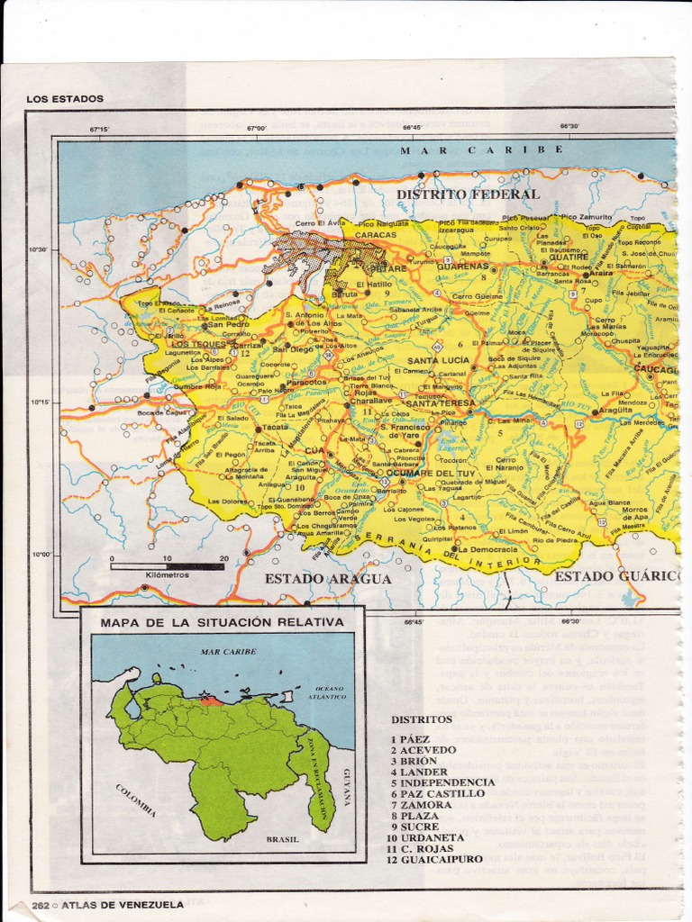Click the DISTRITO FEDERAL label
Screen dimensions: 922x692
click(469, 194)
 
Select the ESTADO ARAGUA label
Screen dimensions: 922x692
click(328, 579)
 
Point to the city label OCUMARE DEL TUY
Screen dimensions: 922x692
click(413, 473)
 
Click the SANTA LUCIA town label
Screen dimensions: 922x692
click(439, 360)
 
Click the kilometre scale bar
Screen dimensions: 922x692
click(168, 566)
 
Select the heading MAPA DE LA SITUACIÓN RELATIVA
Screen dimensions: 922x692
click(222, 622)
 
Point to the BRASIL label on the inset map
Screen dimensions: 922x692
click(281, 839)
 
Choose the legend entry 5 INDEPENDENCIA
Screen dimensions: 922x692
click(442, 782)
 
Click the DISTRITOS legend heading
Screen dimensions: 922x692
click(422, 719)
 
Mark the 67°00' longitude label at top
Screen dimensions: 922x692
click(257, 129)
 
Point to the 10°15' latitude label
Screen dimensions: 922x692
click(38, 402)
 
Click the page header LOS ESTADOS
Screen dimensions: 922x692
click(65, 98)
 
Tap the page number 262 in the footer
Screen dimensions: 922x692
click(40, 905)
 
